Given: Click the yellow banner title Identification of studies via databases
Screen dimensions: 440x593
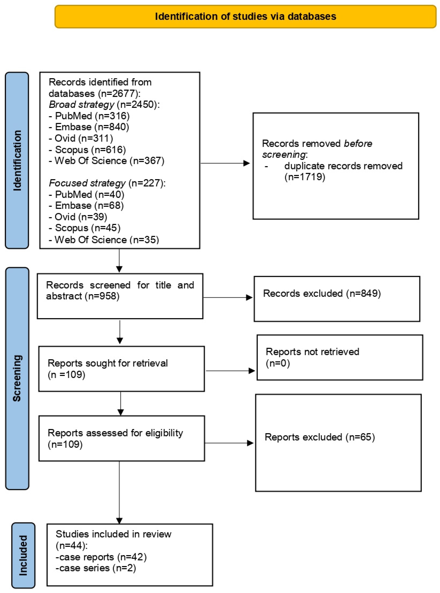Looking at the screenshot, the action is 245,16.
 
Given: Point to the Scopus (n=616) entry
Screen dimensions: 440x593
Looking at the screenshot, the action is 87,150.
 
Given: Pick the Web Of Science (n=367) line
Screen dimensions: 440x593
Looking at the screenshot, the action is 107,161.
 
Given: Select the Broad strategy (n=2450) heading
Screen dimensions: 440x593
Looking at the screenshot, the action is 104,104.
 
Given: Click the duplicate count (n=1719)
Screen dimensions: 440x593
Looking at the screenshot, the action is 305,177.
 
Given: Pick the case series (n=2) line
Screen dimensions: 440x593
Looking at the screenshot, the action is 96,568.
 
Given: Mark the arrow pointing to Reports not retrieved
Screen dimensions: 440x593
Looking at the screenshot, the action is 230,371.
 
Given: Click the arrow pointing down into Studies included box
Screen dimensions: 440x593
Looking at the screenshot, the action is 119,492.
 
